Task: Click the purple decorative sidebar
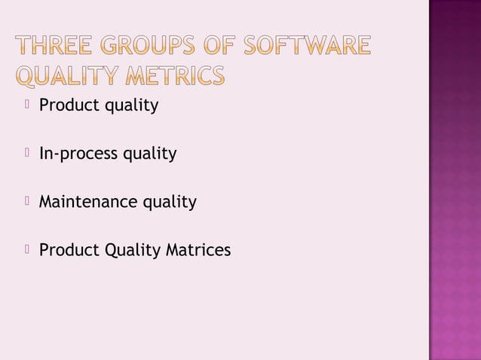455,180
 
